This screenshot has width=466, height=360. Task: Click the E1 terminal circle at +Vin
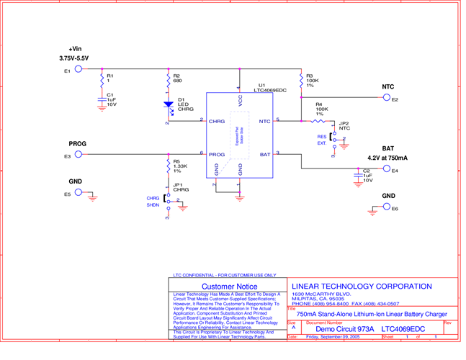pos(79,71)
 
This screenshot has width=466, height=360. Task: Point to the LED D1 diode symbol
pos(167,104)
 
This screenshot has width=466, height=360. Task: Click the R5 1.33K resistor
pos(167,166)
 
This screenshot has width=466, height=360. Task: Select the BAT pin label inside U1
pos(264,155)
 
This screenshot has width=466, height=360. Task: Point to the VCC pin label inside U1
pos(240,102)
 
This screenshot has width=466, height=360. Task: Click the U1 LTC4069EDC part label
pos(269,89)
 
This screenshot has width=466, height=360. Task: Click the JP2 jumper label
pos(344,123)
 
